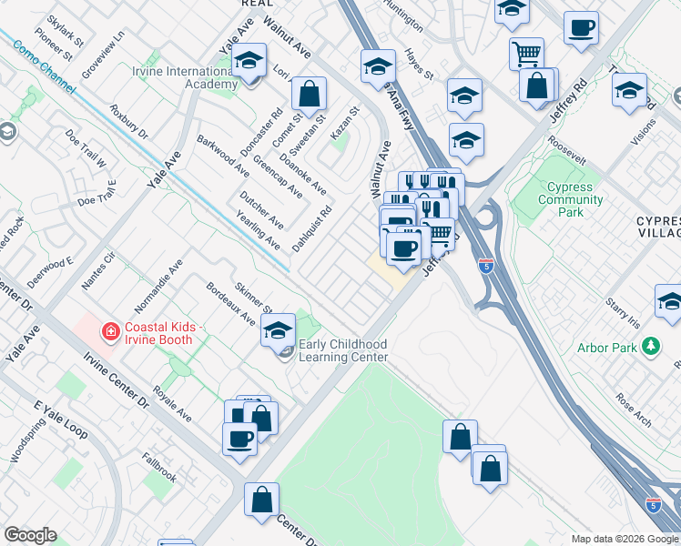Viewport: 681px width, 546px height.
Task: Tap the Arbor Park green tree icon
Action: click(x=650, y=347)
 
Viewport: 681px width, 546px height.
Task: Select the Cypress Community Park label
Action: click(x=571, y=199)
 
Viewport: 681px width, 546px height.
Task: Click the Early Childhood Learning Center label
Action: click(x=343, y=350)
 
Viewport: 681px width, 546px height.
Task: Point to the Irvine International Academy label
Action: click(x=185, y=77)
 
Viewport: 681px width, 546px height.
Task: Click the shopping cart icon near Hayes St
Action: click(x=526, y=53)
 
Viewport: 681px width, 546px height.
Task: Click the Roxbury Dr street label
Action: click(x=128, y=121)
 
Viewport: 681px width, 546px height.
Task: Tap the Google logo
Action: click(x=31, y=535)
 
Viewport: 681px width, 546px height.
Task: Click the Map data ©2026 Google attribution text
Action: click(x=625, y=539)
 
